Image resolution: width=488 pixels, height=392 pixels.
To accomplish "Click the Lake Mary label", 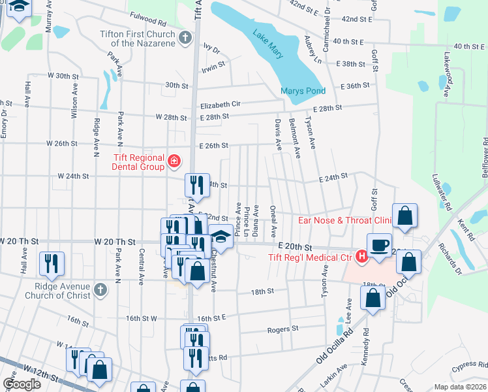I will [x=269, y=44].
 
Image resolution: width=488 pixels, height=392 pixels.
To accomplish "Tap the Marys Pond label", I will [x=303, y=91].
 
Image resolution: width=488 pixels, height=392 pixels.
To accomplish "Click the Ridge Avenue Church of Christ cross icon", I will [x=99, y=289].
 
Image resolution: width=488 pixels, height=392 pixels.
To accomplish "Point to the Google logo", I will [x=22, y=384].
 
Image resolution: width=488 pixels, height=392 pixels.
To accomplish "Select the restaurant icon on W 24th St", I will [x=196, y=185].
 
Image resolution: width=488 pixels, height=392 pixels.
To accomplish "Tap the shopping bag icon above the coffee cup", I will [x=404, y=216].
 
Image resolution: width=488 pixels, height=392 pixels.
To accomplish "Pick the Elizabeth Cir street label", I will [x=221, y=104].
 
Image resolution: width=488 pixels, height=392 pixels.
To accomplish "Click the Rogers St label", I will [x=282, y=329].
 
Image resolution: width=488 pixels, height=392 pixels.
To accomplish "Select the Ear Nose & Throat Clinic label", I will [x=339, y=220].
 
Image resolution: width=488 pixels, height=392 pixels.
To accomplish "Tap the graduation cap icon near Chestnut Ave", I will [x=221, y=239].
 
